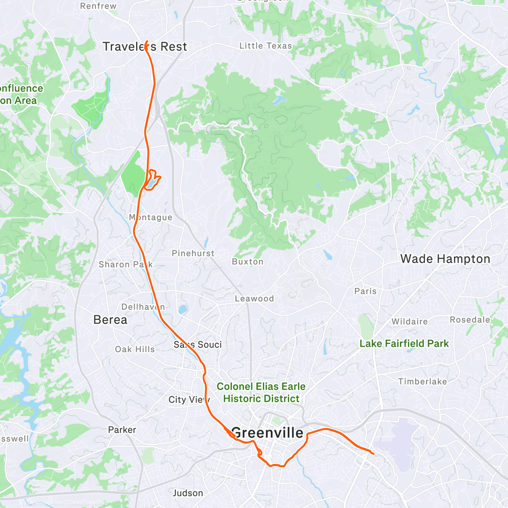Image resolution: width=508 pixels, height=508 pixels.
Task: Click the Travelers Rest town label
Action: [145, 47]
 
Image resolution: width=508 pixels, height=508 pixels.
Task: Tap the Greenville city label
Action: [267, 433]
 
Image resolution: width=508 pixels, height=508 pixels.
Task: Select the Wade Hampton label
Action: [445, 259]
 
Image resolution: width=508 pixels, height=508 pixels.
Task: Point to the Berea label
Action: [110, 320]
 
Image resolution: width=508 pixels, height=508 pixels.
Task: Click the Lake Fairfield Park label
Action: [404, 343]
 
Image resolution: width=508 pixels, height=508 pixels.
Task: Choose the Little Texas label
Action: [265, 46]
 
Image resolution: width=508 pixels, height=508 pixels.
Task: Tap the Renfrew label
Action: [98, 6]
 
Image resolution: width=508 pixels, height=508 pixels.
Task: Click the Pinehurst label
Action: [193, 253]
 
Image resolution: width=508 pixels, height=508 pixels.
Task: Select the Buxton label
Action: [248, 262]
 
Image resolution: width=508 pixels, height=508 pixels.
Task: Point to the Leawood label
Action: [254, 298]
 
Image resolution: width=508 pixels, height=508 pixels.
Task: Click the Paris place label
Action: [365, 291]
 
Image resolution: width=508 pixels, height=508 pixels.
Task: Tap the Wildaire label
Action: [409, 321]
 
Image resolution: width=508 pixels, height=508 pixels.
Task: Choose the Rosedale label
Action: [470, 320]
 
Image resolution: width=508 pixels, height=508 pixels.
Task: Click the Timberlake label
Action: [422, 381]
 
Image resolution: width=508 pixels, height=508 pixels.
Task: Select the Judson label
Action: [188, 493]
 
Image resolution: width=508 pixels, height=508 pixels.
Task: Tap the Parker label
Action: [122, 430]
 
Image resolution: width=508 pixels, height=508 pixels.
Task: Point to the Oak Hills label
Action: [135, 349]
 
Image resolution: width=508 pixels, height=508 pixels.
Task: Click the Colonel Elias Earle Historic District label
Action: [261, 392]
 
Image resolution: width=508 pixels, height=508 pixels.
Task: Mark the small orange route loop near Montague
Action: [152, 180]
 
